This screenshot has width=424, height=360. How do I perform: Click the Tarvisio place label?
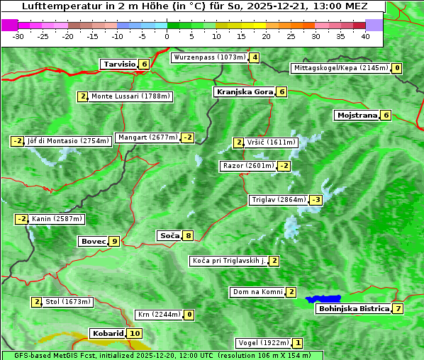[119, 64]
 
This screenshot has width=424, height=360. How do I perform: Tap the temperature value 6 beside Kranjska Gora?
[281, 91]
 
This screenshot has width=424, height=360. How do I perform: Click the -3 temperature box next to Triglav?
[316, 200]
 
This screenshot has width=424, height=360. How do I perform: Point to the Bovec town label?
[93, 241]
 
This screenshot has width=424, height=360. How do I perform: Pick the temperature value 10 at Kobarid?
[135, 333]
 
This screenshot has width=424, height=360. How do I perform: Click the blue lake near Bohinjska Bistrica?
[323, 300]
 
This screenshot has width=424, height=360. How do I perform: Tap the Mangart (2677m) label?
[147, 137]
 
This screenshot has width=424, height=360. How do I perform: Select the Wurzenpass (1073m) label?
[210, 57]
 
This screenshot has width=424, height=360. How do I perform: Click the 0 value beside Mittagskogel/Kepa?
[397, 68]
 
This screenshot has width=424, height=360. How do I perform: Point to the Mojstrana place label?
[357, 115]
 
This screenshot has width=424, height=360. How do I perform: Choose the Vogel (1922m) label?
[263, 343]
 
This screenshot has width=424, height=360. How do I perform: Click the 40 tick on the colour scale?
[365, 35]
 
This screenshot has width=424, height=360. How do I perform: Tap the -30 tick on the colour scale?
[18, 35]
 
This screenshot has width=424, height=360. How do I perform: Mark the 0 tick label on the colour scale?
[167, 35]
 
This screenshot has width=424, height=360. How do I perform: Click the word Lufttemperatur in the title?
[58, 6]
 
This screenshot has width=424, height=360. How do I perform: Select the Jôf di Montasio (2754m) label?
[68, 141]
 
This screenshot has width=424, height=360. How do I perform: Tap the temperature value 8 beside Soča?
[188, 235]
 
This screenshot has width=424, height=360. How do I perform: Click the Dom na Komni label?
[257, 292]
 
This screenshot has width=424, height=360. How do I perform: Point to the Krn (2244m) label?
[159, 315]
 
